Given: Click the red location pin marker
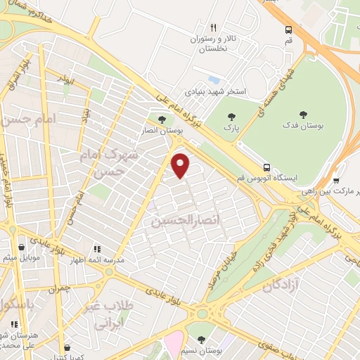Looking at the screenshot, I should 181,166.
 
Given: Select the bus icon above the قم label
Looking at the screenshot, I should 289,30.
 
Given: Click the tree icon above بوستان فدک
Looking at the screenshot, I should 303,114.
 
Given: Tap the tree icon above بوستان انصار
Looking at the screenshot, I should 162,120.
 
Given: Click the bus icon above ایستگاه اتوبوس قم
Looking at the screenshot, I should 266,167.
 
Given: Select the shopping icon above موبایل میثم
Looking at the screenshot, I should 22,247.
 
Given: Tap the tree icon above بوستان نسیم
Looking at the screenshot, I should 202,339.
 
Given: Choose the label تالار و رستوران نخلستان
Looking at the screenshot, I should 212,44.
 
